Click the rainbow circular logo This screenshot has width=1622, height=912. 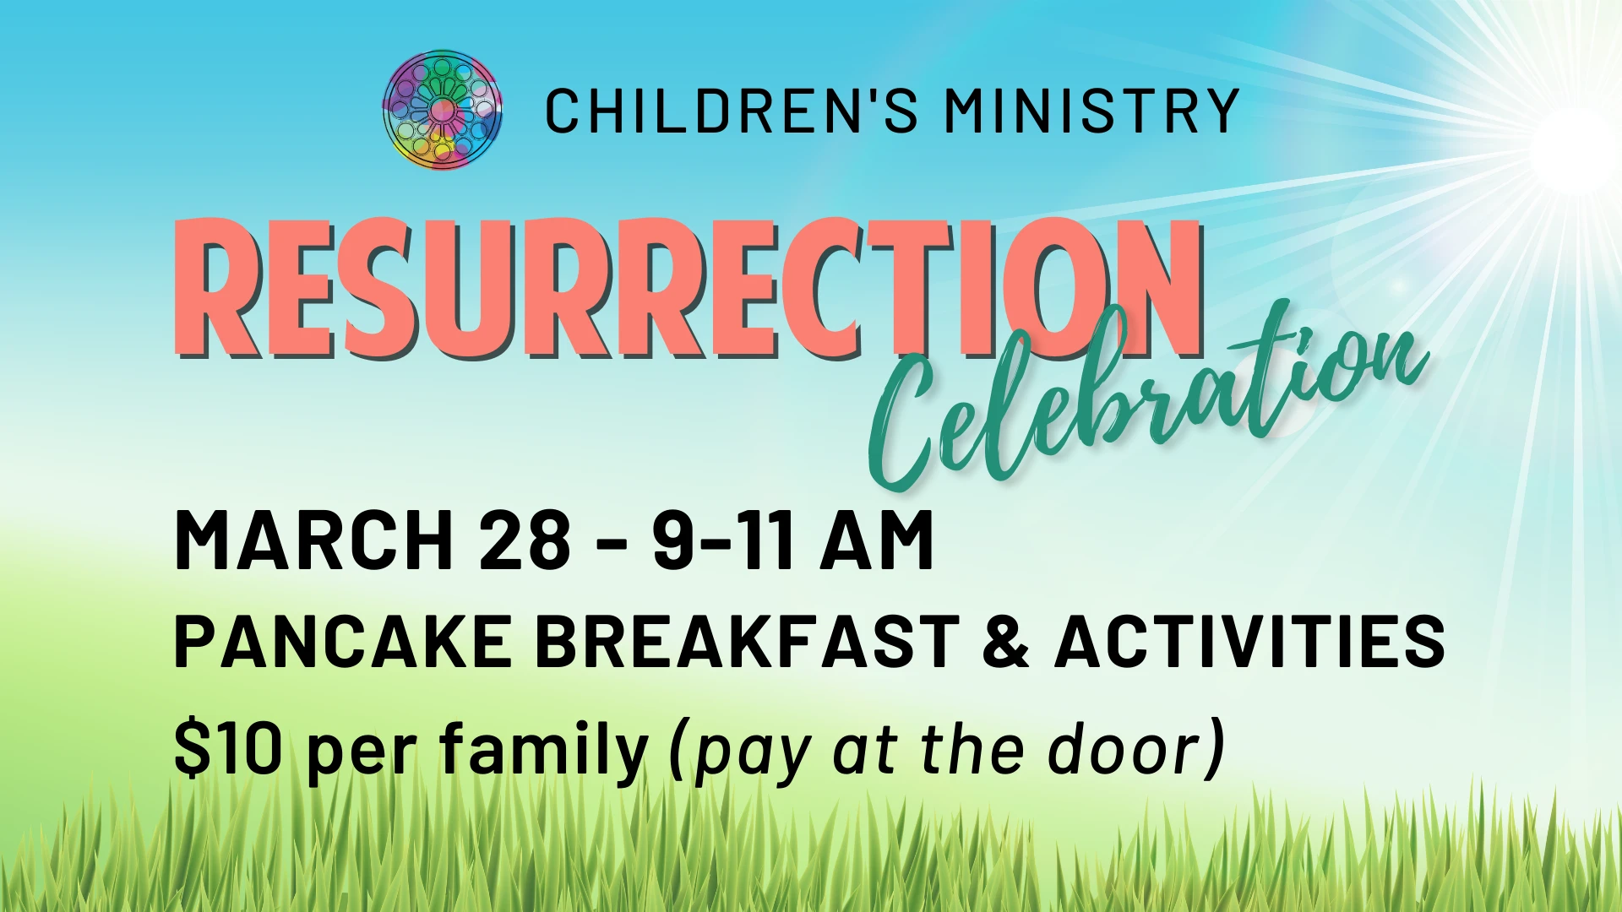(442, 110)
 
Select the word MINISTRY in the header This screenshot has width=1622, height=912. (1091, 111)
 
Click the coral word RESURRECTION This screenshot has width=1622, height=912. (689, 288)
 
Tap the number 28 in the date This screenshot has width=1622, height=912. (525, 541)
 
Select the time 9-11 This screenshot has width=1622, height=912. (724, 541)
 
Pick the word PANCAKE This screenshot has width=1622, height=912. (343, 641)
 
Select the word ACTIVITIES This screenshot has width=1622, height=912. (1250, 641)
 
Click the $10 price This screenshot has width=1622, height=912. (228, 748)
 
